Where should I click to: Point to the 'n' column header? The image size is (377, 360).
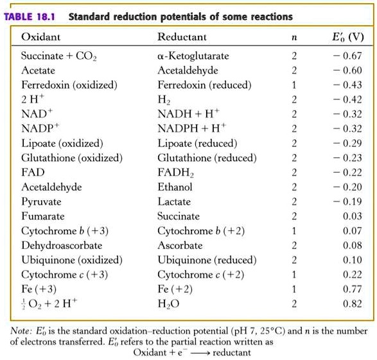(x=294, y=38)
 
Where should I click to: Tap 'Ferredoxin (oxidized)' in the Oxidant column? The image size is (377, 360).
(x=69, y=85)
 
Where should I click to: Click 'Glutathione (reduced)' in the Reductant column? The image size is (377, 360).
(x=207, y=158)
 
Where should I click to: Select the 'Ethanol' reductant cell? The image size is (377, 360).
(x=175, y=187)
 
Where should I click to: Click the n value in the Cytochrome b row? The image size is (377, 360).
(x=294, y=230)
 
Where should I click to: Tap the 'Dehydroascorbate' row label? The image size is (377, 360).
(x=57, y=245)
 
